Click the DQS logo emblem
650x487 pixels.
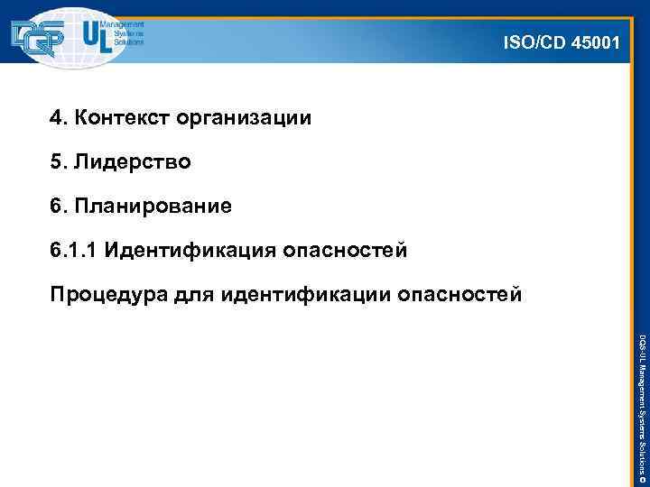[x=43, y=36]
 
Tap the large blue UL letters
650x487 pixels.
[x=97, y=36]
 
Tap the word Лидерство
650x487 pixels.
[x=132, y=162]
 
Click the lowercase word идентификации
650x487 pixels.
[x=299, y=294]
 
